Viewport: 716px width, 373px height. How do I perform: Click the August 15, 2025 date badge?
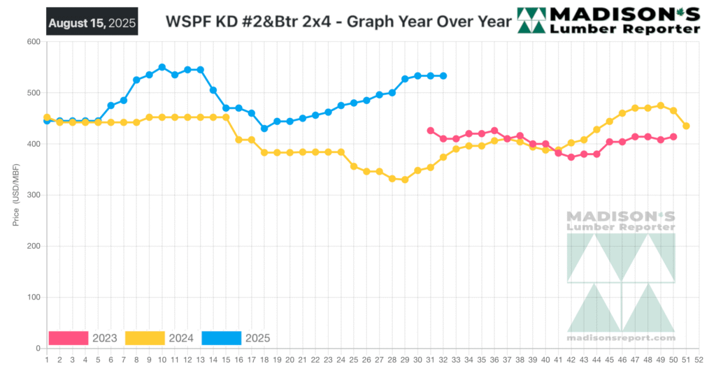coord(92,22)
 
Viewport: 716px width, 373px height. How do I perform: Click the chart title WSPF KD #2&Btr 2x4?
coord(338,22)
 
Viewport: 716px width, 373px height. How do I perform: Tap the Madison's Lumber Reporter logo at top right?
coord(608,21)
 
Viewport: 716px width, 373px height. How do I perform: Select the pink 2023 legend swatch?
coord(68,338)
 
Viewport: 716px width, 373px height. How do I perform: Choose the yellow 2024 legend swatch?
coord(145,338)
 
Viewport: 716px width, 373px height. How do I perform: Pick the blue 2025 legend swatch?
coord(221,338)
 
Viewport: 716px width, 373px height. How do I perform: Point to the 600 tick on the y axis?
coord(32,42)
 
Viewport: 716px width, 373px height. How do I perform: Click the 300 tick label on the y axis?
coord(32,195)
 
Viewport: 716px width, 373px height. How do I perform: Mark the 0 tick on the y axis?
coord(36,348)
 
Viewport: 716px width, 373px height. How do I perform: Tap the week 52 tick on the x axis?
coord(699,359)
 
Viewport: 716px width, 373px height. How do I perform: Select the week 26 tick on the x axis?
coord(366,359)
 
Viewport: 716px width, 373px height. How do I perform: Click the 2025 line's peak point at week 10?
coord(162,67)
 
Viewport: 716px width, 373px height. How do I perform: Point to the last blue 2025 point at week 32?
coord(443,75)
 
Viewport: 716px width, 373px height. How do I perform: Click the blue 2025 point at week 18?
coord(264,129)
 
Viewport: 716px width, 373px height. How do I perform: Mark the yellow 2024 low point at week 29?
coord(405,180)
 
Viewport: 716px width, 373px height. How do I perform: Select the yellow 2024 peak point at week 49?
coord(661,105)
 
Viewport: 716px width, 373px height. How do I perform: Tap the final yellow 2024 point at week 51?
coord(687,126)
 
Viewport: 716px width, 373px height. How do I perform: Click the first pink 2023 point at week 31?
coord(431,131)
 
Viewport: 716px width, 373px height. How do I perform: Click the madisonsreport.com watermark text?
coord(621,338)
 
